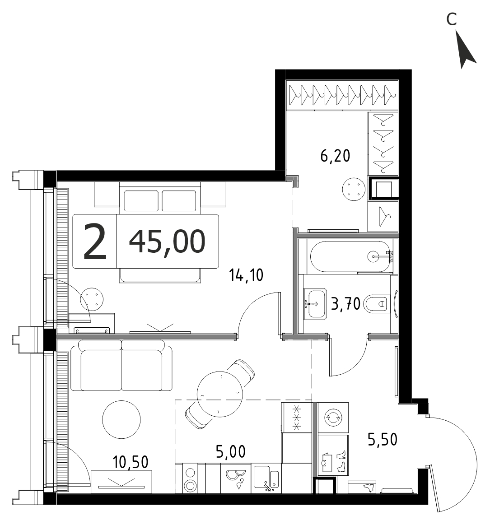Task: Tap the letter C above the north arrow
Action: [x=452, y=19]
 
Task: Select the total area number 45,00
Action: [x=167, y=242]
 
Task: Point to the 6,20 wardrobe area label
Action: [x=335, y=156]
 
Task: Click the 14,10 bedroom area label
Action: [x=246, y=275]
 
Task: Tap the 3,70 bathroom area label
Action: [x=345, y=304]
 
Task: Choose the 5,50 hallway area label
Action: [x=383, y=439]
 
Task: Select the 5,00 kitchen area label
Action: [x=231, y=452]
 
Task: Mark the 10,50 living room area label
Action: [x=131, y=462]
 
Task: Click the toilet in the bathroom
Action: [x=378, y=304]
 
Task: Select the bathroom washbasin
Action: [x=315, y=304]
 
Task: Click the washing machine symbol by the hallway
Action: [x=333, y=417]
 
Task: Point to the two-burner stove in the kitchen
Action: [x=190, y=478]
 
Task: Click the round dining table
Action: [x=220, y=394]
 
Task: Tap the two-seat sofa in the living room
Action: [x=121, y=365]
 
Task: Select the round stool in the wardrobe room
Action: [x=353, y=190]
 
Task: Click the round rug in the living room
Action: [x=121, y=419]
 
